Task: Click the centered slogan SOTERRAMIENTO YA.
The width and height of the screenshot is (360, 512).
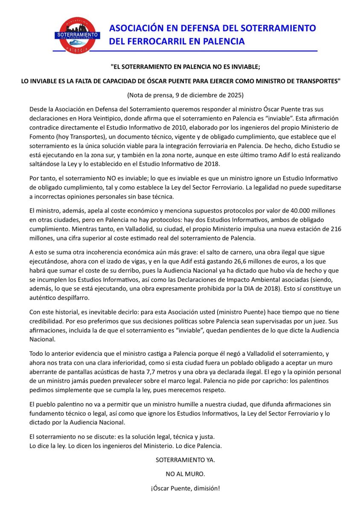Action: tap(185, 460)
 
